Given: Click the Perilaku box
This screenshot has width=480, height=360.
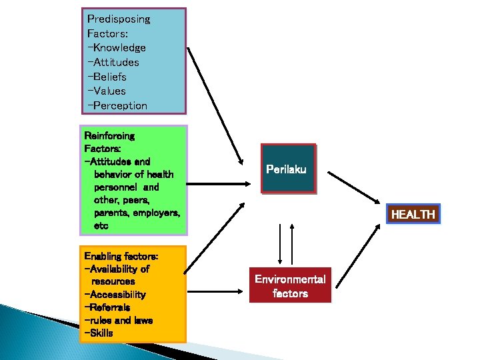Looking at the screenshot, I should point(286,169).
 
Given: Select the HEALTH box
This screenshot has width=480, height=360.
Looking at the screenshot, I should point(413,215).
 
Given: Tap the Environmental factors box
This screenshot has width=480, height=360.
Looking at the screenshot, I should point(290,286).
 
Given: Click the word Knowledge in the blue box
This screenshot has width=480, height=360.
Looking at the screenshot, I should point(119,48).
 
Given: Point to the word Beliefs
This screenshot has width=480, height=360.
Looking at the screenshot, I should point(111,77).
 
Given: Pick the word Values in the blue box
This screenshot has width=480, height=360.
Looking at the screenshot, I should point(109,91).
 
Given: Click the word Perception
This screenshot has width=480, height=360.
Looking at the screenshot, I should point(120,105).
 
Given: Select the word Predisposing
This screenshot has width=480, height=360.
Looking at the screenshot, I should point(119,19).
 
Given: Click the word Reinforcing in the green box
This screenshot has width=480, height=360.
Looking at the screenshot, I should point(109,136).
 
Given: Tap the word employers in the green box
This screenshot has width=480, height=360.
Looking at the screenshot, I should point(156,213).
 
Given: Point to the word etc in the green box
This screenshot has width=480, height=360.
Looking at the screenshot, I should point(101,226).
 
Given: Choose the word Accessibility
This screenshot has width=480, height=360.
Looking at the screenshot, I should point(117,295).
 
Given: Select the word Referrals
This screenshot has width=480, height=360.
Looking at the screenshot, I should point(110,307).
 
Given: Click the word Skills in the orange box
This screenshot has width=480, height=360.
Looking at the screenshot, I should point(101,333).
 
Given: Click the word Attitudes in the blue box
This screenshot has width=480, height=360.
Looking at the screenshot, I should point(116,62).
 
